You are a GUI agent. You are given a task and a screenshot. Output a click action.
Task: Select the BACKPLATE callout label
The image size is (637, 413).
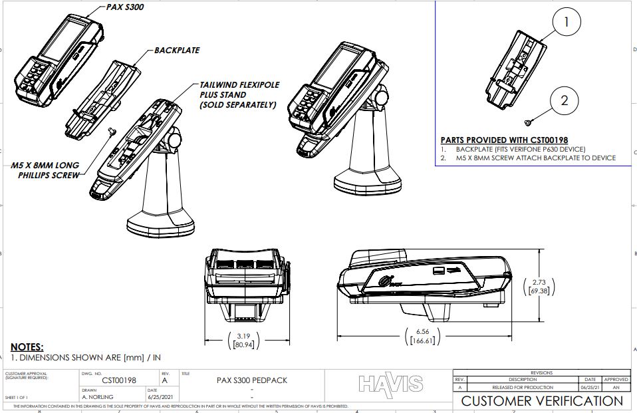tap(177, 50)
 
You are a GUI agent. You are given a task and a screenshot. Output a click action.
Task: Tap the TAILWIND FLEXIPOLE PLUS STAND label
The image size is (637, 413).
tap(238, 95)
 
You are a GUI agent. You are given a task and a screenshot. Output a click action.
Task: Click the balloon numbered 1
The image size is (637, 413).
tap(566, 22)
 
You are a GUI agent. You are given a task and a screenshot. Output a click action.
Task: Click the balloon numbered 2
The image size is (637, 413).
tap(565, 101)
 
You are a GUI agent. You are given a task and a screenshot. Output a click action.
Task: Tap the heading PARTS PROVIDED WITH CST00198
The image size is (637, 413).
tap(504, 140)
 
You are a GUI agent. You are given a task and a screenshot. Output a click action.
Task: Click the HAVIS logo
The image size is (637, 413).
tap(390, 384)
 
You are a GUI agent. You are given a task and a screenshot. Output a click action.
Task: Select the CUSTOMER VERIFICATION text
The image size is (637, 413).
tap(542, 400)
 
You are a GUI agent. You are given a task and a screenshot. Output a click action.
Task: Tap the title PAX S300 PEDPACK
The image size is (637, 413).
tap(252, 380)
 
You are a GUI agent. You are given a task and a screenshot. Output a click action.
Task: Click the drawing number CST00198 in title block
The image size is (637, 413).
tap(120, 380)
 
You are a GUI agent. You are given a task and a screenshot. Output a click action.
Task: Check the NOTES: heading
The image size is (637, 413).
tap(27, 347)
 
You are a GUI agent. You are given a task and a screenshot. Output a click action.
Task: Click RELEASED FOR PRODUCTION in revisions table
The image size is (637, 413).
tap(522, 387)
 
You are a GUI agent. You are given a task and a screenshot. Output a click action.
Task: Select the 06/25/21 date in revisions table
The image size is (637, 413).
tap(590, 387)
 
